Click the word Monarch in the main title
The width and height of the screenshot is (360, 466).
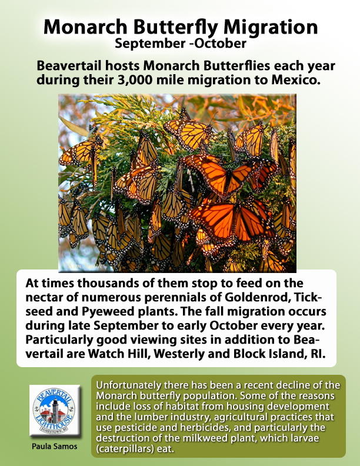85,26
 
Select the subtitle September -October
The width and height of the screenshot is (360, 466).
181,44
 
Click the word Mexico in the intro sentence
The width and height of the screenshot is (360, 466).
296,79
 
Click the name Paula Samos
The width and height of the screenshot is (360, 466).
55,447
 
